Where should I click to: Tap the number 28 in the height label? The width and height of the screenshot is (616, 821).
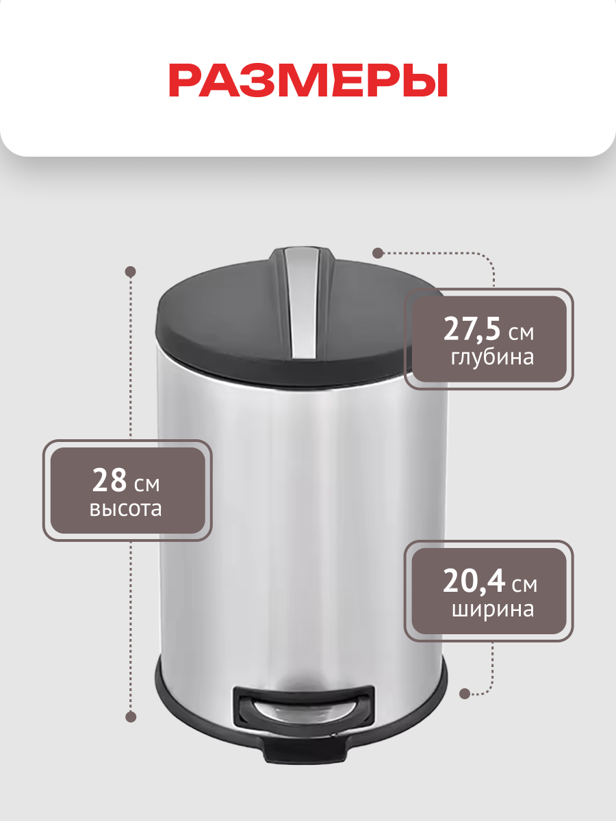pos(110,481)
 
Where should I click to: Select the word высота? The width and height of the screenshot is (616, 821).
pos(126,509)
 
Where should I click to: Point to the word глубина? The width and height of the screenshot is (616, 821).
pos(492,358)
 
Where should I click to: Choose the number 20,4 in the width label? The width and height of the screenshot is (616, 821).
pos(474,582)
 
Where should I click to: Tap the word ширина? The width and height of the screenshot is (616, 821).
pos(493,610)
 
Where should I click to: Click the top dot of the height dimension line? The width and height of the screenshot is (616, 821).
pos(130,272)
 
